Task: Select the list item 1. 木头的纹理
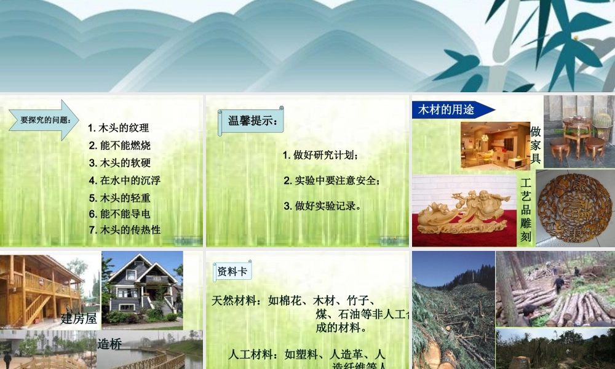click(119, 128)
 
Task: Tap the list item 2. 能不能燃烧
click(120, 146)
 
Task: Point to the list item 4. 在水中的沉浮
click(125, 181)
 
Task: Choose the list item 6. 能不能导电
click(120, 214)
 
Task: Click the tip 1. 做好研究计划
click(320, 155)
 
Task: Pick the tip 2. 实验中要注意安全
click(332, 181)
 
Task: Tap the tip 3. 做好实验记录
click(322, 206)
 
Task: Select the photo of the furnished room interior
click(495, 146)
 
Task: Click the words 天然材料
click(236, 301)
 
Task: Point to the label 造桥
click(106, 344)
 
